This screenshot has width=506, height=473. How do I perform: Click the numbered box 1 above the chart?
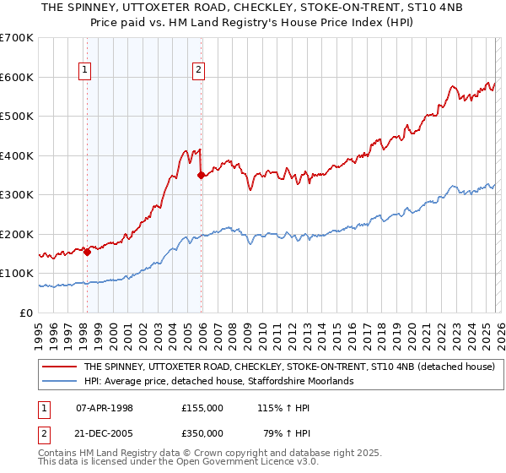pos(85,71)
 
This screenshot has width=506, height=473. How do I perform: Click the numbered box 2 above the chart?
pos(198,71)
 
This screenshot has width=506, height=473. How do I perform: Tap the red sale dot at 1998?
pos(87,251)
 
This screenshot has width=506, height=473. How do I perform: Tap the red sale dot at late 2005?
pos(201,175)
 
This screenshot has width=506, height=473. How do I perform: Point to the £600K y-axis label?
pos(17,77)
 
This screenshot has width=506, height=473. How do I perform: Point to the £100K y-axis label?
pos(17,274)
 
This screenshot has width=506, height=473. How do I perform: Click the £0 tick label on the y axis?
pos(28,313)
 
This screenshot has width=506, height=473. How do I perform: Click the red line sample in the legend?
pos(59,367)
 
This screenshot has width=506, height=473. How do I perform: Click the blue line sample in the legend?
pos(59,382)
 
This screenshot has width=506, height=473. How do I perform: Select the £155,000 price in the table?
pos(202,408)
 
